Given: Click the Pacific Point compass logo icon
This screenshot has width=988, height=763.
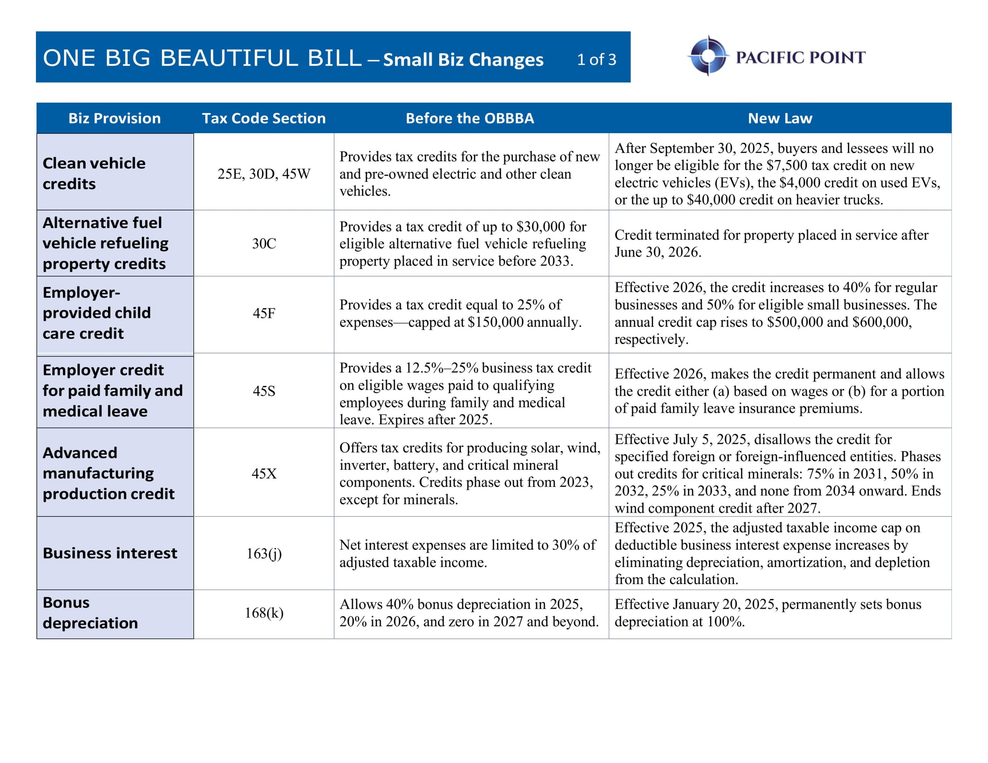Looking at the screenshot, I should coord(708,56).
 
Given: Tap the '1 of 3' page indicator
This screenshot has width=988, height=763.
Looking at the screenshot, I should coord(596,59).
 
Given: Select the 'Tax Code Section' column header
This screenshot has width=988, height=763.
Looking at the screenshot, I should coord(264,118).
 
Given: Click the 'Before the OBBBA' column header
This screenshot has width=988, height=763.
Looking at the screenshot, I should coord(470,118).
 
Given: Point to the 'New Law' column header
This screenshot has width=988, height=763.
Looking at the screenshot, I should coord(780,118).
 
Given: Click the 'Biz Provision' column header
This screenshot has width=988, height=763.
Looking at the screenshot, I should coord(115,118).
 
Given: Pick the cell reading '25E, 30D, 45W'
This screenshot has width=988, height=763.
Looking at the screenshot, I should coord(264,174).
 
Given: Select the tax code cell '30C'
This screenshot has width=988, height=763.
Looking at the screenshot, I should coord(264,243).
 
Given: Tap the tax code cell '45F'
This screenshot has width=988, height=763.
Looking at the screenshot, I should coord(264,313).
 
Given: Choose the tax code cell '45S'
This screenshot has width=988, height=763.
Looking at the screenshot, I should coord(264,391).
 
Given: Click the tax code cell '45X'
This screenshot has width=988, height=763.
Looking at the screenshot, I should coord(264,474).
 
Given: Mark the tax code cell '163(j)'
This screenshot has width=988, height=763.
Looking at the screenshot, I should coord(264,553).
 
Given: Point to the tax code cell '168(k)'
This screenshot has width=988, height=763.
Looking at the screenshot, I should coord(264,613).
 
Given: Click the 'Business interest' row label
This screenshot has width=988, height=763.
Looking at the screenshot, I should coord(110,553).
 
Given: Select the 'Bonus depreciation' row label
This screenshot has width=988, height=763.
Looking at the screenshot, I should coord(90,613).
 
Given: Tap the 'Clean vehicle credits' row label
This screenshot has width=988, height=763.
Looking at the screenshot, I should coord(94,173).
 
